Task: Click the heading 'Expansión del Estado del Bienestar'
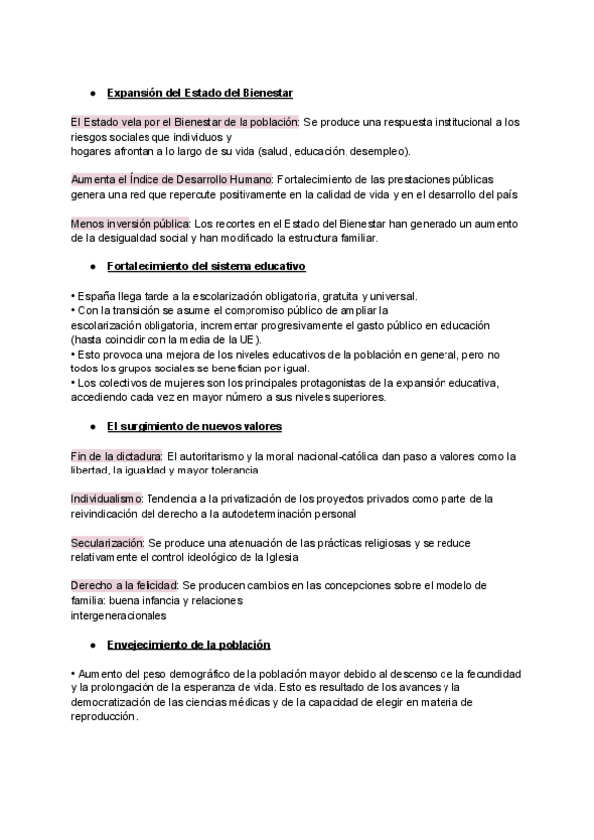point(199,93)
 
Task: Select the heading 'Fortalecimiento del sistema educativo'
point(206,267)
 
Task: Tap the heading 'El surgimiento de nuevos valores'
point(194,426)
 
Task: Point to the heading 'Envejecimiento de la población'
point(188,644)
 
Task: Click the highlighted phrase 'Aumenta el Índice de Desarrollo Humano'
point(171,179)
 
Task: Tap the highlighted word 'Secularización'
point(107,543)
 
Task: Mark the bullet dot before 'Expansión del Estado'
point(92,93)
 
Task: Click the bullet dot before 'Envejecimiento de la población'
point(92,644)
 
